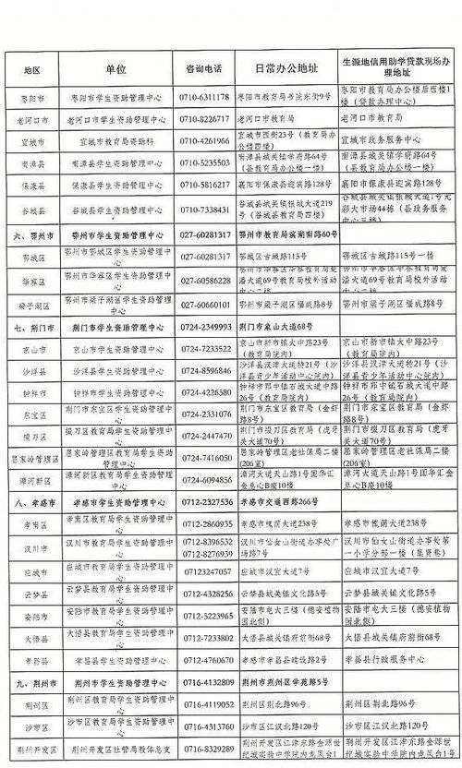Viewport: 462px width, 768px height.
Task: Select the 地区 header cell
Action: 35,70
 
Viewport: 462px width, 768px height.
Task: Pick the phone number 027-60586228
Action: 205,280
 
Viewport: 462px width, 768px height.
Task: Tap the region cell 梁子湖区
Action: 35,304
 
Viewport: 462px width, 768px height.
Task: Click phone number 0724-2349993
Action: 205,326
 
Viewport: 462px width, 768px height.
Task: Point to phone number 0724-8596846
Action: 205,369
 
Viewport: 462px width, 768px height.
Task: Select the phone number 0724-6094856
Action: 205,480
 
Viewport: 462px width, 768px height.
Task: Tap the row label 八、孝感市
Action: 34,502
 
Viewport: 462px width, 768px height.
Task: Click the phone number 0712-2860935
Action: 205,523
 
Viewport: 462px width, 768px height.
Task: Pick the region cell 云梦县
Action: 35,594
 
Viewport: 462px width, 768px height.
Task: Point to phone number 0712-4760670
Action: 205,660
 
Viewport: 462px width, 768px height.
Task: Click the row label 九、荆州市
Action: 34,683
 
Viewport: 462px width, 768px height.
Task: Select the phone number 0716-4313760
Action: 205,726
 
